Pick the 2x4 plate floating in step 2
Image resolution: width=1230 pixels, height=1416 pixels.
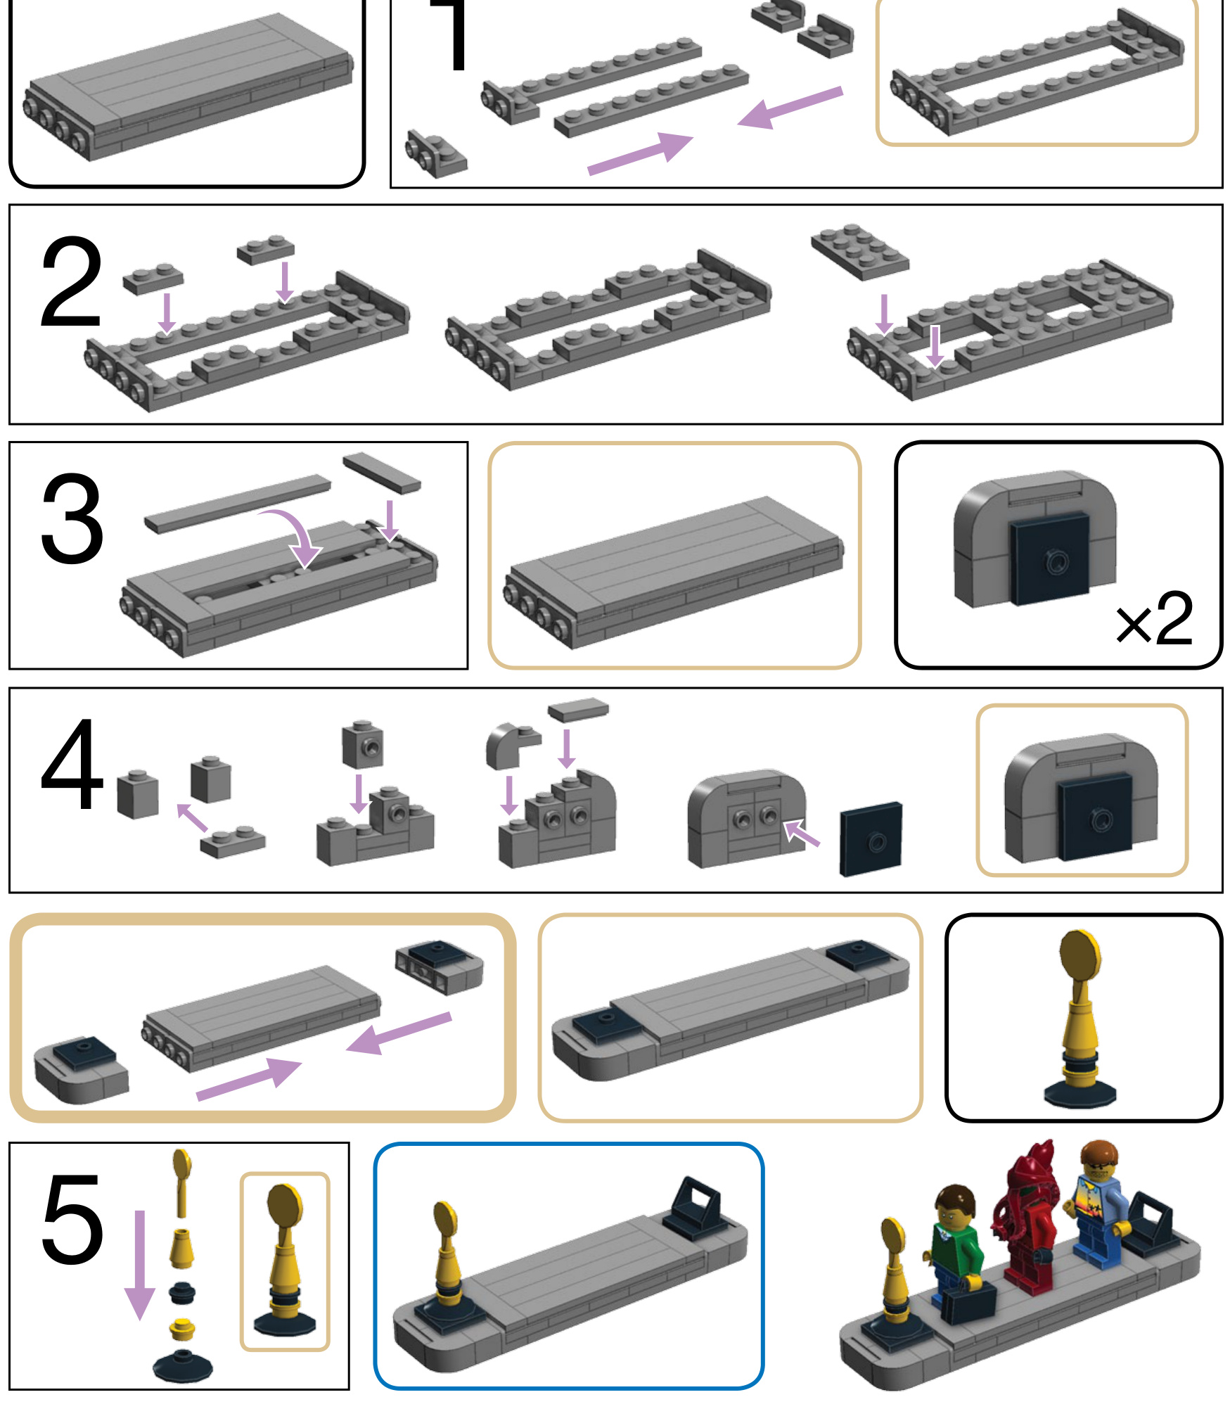[859, 251]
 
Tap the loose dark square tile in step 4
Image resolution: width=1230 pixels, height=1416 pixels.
[871, 838]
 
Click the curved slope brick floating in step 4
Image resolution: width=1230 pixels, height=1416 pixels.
[511, 746]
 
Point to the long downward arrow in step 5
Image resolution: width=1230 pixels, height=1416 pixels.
[139, 1265]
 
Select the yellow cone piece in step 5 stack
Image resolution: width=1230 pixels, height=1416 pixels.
[181, 1248]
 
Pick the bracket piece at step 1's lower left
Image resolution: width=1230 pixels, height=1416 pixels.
[435, 153]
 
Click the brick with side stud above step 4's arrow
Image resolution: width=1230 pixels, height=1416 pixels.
[363, 744]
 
